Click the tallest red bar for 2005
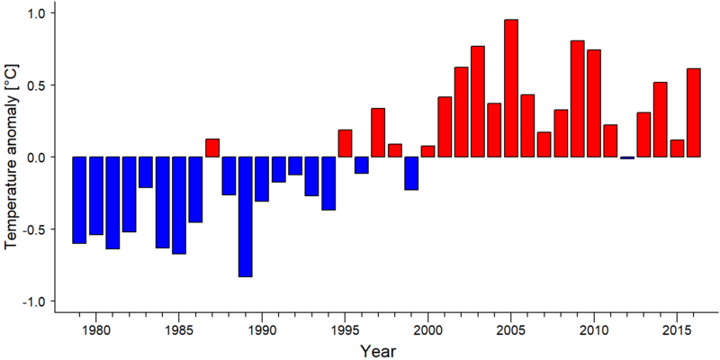[511, 88]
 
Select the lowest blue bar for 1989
[245, 217]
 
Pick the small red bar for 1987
[212, 148]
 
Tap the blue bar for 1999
[411, 173]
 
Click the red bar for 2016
[694, 112]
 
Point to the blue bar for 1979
[79, 200]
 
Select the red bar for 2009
[578, 99]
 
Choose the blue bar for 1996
[362, 166]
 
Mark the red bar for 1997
[378, 132]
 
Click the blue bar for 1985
[179, 205]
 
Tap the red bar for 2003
[478, 102]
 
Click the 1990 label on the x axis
[262, 330]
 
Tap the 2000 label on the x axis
[428, 330]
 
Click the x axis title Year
[377, 351]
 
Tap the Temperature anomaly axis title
[12, 156]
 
